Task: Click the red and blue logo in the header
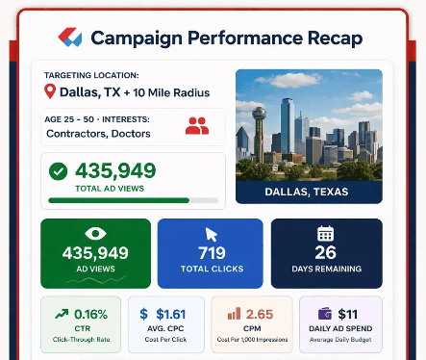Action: click(70, 39)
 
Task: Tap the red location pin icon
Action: click(50, 92)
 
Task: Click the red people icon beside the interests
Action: click(196, 125)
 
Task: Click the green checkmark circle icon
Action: click(59, 171)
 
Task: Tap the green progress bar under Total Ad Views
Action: click(118, 200)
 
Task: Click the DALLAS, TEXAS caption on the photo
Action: click(309, 192)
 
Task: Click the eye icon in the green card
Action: click(95, 233)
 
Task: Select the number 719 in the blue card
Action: click(210, 252)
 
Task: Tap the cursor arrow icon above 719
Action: click(211, 233)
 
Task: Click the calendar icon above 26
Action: click(325, 233)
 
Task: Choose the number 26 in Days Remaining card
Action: click(326, 253)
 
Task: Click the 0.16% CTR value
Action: click(89, 314)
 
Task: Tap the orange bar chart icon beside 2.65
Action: click(232, 314)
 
